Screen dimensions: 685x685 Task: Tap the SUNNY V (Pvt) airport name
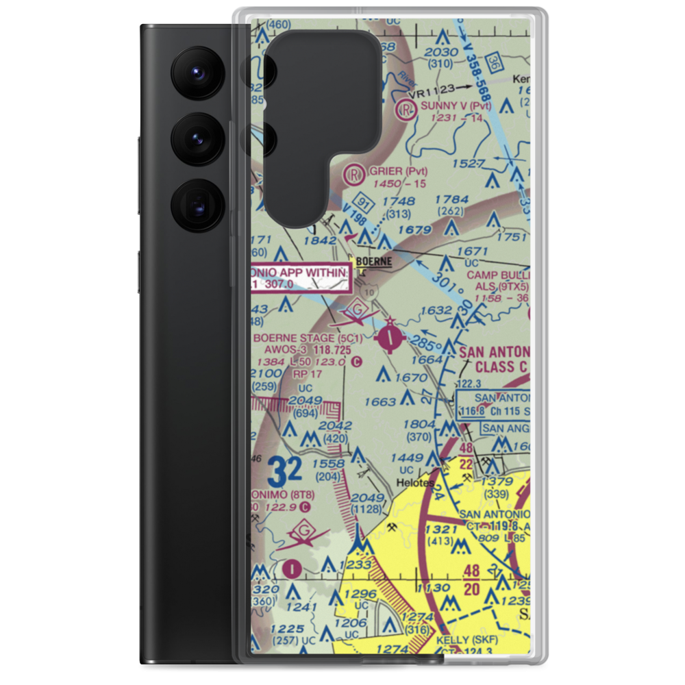(x=456, y=106)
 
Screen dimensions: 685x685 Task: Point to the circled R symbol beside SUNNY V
(x=408, y=108)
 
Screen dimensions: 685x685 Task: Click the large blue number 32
(x=285, y=471)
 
